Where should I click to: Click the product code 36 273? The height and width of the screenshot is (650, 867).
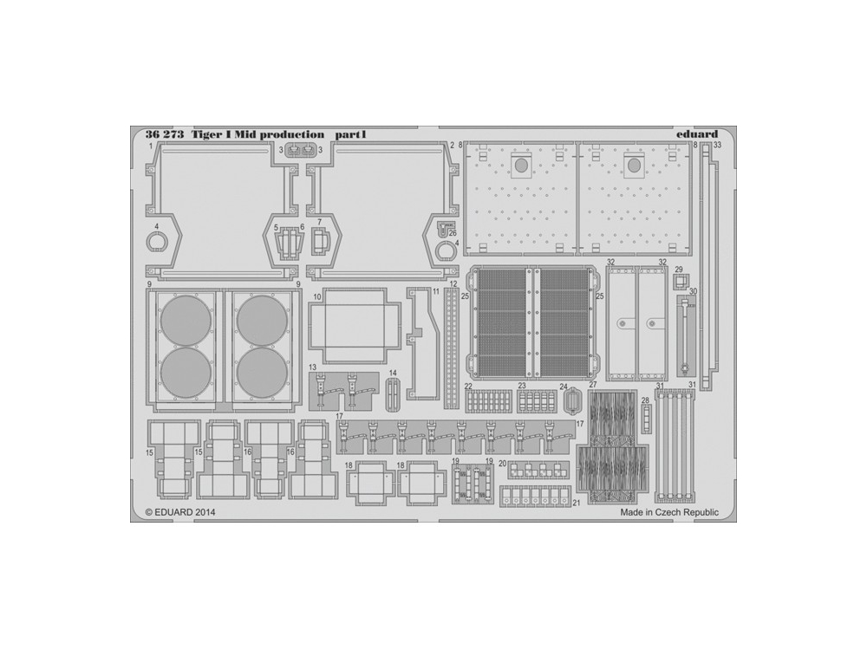pos(165,134)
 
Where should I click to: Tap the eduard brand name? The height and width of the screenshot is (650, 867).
pos(697,133)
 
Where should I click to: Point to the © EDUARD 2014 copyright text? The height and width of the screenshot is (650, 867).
pos(180,512)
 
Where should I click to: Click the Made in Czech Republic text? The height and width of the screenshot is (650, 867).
pos(669,512)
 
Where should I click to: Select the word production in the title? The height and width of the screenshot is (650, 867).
pos(292,135)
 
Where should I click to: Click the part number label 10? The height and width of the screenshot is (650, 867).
pos(316,296)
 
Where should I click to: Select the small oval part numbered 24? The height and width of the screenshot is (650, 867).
pos(571,400)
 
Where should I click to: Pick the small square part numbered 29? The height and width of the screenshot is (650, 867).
pos(681,283)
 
